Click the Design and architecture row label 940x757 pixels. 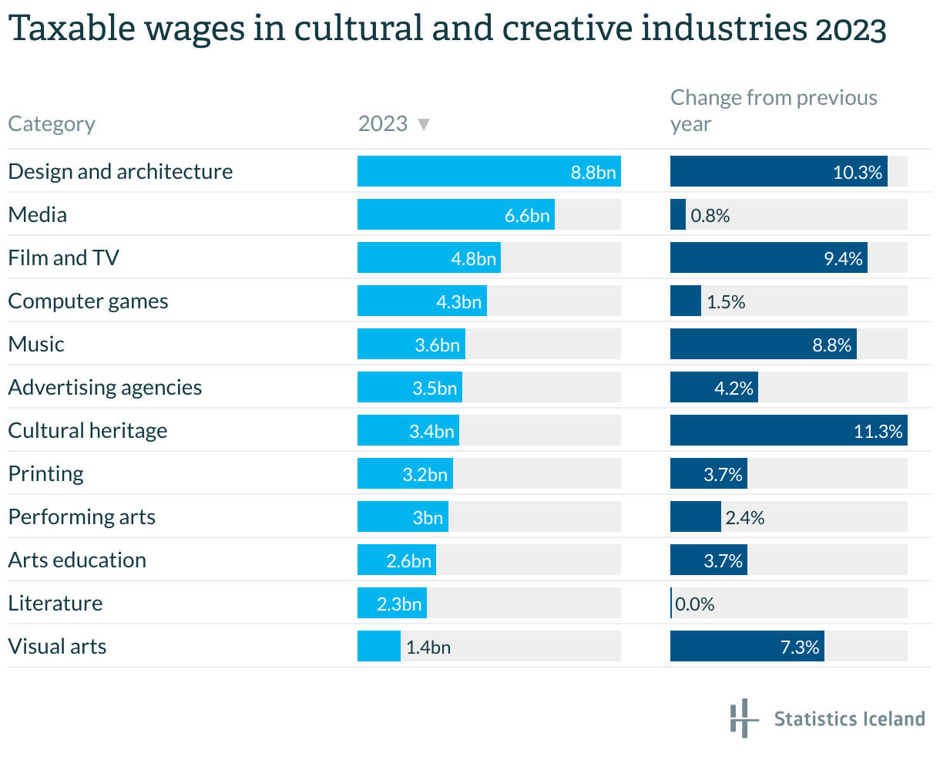(x=120, y=171)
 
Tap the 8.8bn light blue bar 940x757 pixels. (x=488, y=171)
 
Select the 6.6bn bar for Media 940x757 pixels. (x=455, y=214)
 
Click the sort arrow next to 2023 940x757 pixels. (x=423, y=124)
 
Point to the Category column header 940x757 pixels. (x=52, y=124)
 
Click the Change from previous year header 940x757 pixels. (x=773, y=111)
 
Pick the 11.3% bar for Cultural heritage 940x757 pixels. (x=788, y=430)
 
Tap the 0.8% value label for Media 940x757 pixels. (x=710, y=215)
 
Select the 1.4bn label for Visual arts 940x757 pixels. (x=428, y=647)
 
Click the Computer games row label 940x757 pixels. (x=88, y=301)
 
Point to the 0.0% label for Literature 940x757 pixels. (x=695, y=604)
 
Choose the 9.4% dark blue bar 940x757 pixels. (x=768, y=257)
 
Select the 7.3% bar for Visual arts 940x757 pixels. (x=747, y=646)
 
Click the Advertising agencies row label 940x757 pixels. (x=105, y=387)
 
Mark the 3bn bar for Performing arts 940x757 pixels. (x=402, y=516)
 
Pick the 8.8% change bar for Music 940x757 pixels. (x=763, y=344)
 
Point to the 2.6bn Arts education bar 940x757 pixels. (x=396, y=560)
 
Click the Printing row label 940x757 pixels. (x=45, y=473)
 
